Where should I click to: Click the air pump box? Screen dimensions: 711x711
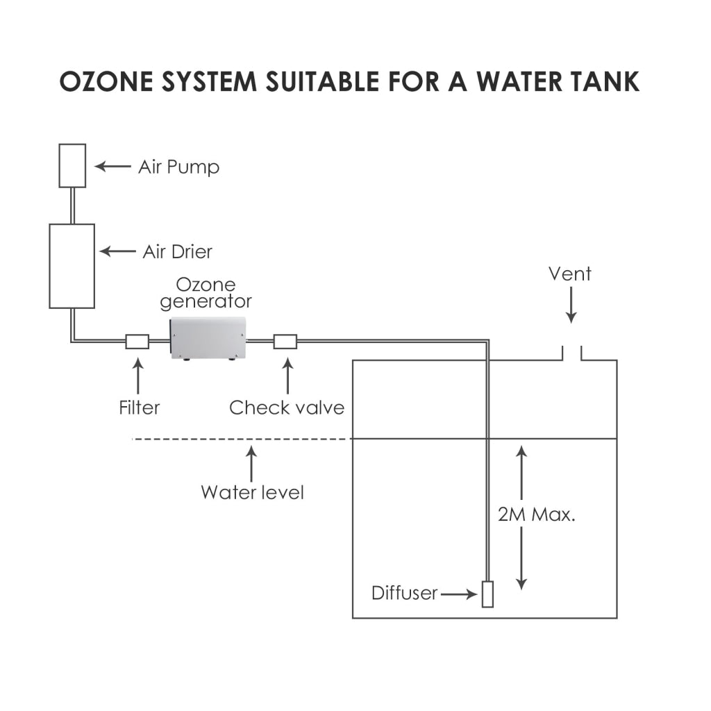click(72, 165)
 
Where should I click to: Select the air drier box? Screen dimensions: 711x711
click(72, 266)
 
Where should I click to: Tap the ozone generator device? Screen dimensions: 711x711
click(208, 338)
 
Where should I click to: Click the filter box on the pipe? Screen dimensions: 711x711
click(137, 341)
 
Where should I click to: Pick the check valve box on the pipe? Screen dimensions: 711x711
click(285, 341)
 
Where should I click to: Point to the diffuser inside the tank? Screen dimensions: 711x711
click(487, 594)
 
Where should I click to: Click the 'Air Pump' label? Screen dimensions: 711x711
click(178, 167)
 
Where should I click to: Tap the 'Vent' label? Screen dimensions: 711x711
click(570, 274)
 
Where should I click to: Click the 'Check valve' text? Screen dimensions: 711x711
click(287, 407)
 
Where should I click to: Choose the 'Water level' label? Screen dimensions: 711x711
click(252, 492)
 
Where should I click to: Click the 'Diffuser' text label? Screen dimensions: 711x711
click(404, 594)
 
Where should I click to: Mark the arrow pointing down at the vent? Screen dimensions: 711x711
click(571, 306)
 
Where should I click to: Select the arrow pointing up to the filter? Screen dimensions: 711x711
click(137, 375)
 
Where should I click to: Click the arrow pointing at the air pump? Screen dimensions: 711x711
click(112, 166)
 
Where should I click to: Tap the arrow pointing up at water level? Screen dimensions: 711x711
click(251, 464)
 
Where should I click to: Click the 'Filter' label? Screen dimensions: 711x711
click(139, 407)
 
